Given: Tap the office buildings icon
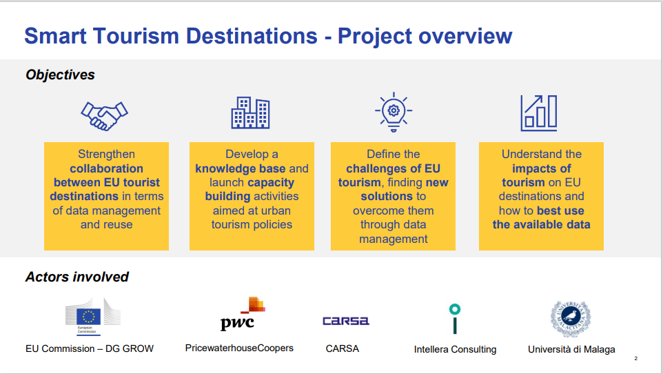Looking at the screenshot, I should click(250, 112).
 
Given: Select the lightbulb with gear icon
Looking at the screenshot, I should click(393, 111).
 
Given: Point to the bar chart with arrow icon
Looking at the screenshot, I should click(538, 112).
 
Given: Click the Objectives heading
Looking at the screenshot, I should click(61, 75).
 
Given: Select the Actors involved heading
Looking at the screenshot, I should click(77, 277).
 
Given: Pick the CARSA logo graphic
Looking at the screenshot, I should click(345, 321).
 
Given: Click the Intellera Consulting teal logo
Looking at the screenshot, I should click(454, 318).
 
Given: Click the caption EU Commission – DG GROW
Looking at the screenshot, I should click(90, 348).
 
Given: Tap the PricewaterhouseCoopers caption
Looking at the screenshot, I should click(239, 348).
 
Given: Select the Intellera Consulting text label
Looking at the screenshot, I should click(455, 349).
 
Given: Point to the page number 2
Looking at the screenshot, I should click(635, 359).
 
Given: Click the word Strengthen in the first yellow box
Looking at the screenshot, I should click(106, 155).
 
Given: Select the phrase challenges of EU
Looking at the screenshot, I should click(393, 168).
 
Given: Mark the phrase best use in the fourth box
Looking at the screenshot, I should click(560, 210).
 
